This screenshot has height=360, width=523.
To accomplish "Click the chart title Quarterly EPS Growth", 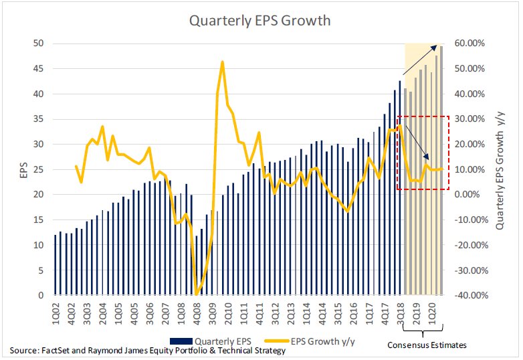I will (x=260, y=20).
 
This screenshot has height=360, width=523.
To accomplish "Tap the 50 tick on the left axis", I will (x=39, y=43).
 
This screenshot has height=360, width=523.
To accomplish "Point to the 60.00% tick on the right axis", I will (x=472, y=43).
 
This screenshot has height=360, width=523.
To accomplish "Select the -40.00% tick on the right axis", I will (x=470, y=295).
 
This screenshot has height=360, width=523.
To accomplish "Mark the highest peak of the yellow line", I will (x=222, y=62).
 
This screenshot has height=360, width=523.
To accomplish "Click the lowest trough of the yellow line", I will (x=196, y=294).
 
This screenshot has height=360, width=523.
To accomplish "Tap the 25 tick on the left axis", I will (x=39, y=169).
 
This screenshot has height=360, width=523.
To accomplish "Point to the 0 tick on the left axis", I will (x=41, y=295).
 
